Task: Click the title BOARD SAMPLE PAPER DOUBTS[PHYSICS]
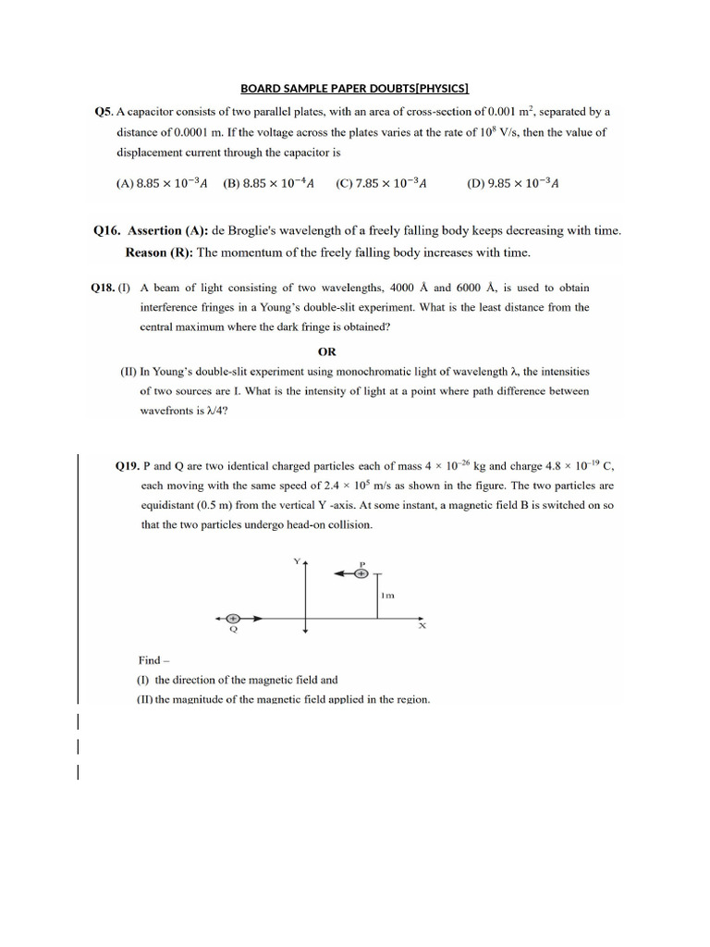(355, 89)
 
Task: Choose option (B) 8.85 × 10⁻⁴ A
(269, 183)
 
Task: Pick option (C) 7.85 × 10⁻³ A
(381, 183)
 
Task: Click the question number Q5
(104, 112)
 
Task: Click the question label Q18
(102, 289)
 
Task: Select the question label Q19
(126, 467)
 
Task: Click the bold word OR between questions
(327, 352)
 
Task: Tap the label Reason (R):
(159, 252)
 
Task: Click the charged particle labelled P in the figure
(362, 573)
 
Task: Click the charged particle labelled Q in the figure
(233, 617)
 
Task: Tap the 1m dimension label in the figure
(388, 596)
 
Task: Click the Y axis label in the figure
(297, 561)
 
